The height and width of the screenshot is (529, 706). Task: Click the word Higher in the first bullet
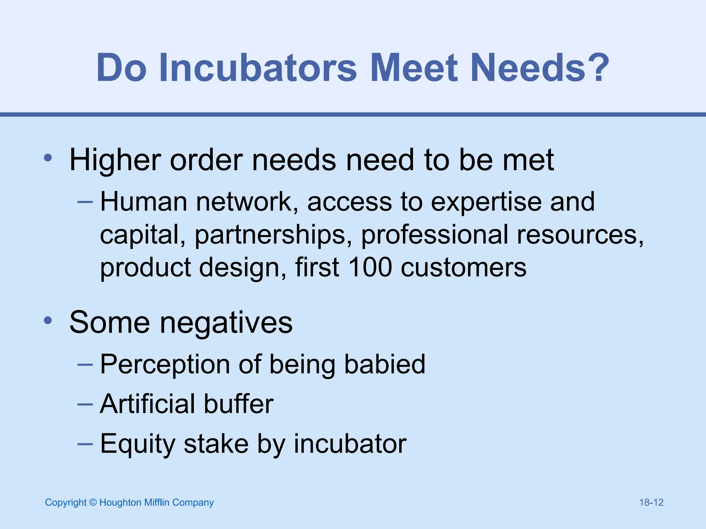point(115,160)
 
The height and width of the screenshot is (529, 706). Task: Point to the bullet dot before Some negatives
point(48,321)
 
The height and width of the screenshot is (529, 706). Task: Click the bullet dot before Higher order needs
point(48,158)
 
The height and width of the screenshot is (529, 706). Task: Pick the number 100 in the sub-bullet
point(370,267)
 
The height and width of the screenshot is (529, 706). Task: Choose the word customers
point(464,268)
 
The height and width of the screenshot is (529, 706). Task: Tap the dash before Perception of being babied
point(85,364)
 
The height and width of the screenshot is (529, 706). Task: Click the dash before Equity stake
point(85,444)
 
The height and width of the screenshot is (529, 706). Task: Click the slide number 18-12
point(651,502)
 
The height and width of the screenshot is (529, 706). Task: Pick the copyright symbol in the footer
point(93,502)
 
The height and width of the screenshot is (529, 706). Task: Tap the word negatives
point(226,323)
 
